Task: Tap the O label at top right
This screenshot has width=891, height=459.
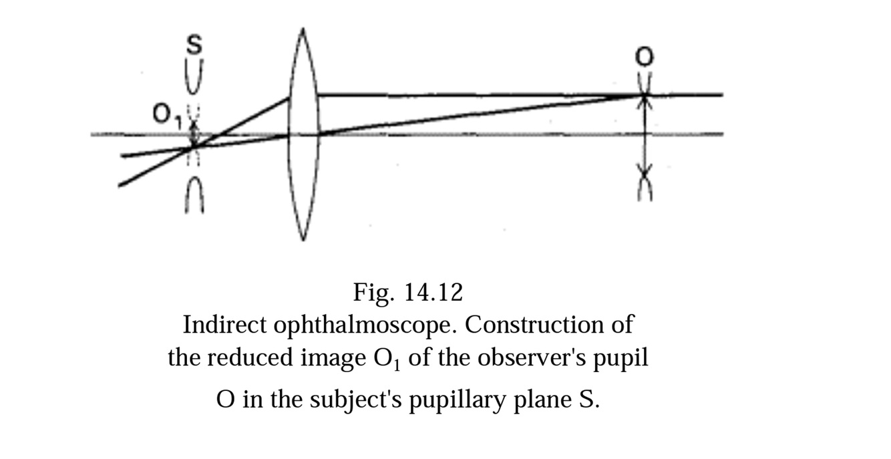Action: (644, 57)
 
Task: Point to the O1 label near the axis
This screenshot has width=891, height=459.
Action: (163, 118)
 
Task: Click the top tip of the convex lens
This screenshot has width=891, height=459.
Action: (304, 31)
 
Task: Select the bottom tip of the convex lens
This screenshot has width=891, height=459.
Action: (304, 238)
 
